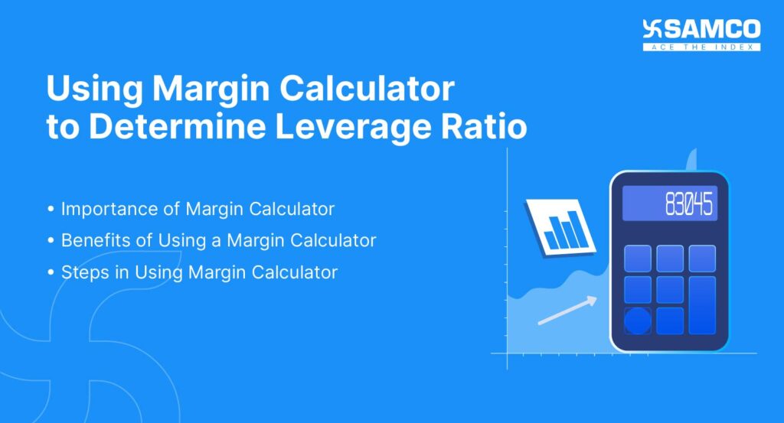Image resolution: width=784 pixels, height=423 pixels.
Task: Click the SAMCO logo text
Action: (x=712, y=30)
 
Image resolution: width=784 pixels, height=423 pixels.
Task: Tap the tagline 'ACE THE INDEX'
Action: (x=702, y=47)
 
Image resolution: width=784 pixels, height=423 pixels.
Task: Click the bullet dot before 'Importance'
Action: (x=51, y=209)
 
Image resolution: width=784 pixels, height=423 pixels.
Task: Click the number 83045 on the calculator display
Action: (x=688, y=205)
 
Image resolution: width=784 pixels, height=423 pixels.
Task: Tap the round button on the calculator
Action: (x=638, y=321)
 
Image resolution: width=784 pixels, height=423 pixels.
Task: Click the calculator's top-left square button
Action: (x=638, y=258)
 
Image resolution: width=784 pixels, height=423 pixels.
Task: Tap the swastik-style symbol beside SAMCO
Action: (x=652, y=29)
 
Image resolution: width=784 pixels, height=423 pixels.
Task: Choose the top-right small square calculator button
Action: (x=701, y=258)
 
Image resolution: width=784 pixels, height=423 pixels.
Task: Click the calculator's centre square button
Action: (x=669, y=289)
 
